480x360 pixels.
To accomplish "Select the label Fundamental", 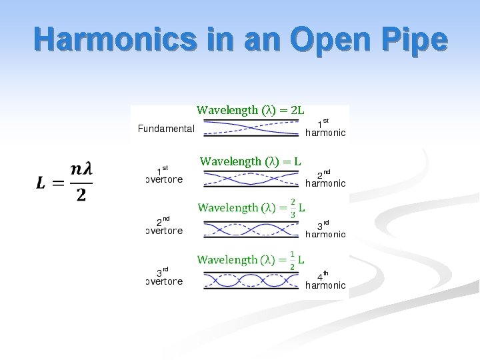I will [166, 129].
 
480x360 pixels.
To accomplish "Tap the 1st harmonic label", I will [325, 128].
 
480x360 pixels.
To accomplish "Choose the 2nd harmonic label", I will [325, 179].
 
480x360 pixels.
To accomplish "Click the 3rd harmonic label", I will [325, 229].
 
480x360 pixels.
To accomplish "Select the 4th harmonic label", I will [325, 280].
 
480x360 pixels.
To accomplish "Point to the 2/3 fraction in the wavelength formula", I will [293, 208].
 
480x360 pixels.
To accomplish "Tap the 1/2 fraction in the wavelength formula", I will [293, 260].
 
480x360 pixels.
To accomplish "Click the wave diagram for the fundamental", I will [251, 129].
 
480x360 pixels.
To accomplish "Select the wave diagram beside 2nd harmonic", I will [251, 179].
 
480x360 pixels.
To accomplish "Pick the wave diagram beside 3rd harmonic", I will [251, 229].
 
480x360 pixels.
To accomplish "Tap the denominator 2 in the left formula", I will [81, 195].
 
